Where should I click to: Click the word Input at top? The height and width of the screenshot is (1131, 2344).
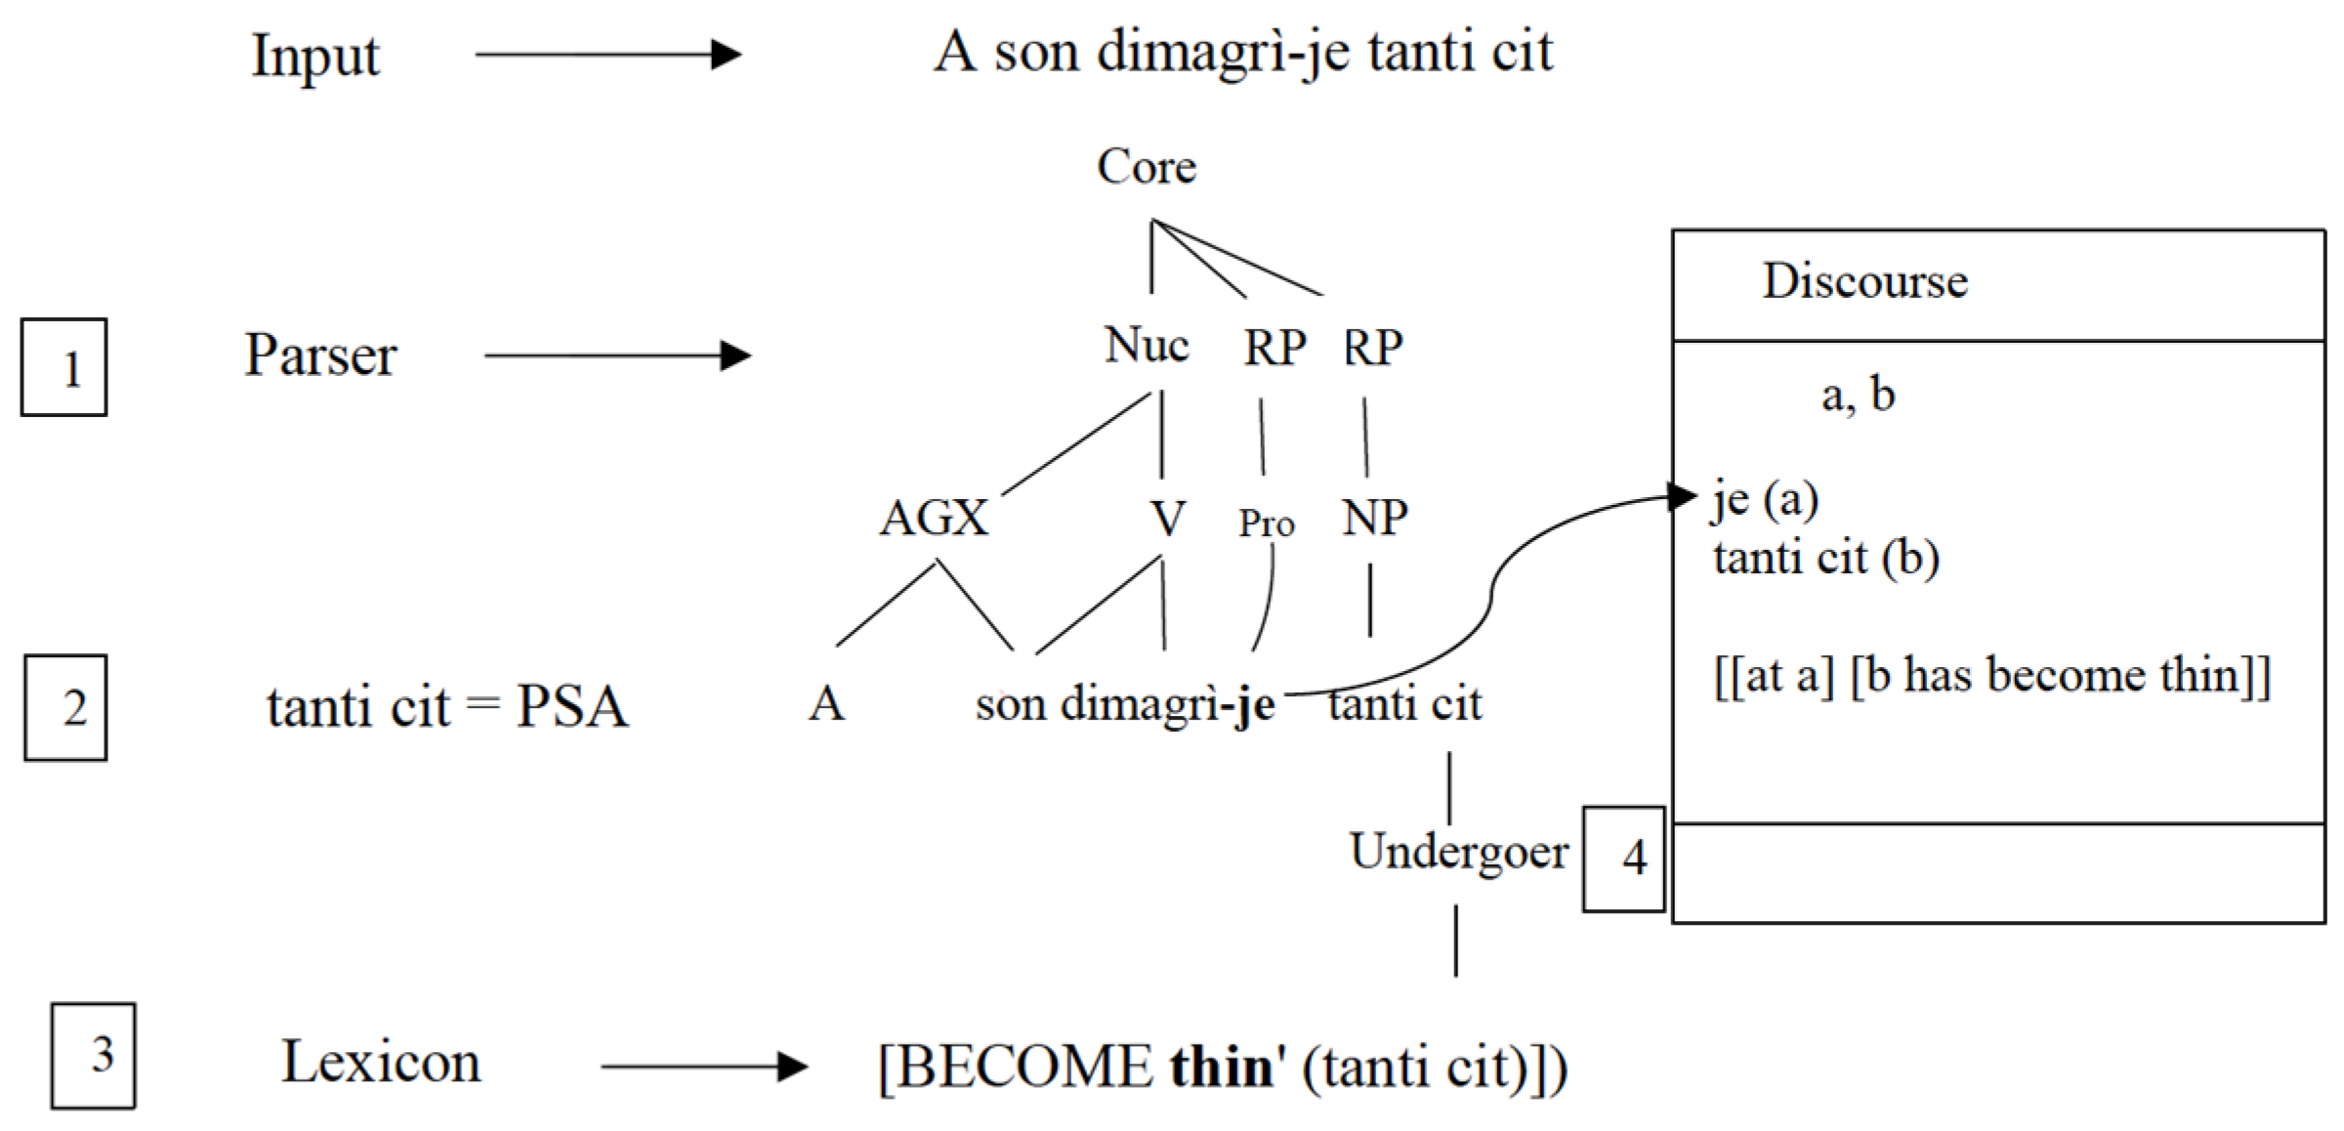coord(315,57)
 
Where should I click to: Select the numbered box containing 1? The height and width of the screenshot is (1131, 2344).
coord(64,367)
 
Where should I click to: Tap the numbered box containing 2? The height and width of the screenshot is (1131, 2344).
coord(66,707)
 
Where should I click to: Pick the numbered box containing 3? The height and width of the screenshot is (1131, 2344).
coord(94,1055)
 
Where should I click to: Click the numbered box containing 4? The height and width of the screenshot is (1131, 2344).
coord(1623,859)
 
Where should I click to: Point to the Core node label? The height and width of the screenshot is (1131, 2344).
coord(1147,167)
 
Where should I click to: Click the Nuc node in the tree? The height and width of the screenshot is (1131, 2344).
coord(1147,346)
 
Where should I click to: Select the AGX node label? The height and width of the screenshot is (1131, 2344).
coord(935,518)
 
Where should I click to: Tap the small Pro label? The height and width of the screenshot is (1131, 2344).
coord(1266,524)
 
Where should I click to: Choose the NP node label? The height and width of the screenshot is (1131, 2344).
coord(1374,518)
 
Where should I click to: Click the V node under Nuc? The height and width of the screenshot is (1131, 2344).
coord(1167,519)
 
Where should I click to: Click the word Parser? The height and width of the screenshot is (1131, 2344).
coord(320,356)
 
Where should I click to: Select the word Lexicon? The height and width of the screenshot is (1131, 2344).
coord(381,1062)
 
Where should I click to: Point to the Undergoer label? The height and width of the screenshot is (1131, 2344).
coord(1458,853)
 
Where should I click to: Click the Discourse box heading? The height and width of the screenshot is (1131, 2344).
coord(1863,282)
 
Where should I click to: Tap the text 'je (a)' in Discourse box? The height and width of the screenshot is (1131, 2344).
coord(1765,500)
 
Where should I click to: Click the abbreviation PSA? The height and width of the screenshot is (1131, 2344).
coord(572,706)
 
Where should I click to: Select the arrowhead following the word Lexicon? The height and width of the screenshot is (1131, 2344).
coord(793,1067)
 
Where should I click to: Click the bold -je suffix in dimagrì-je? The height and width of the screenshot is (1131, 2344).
coord(1249,705)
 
